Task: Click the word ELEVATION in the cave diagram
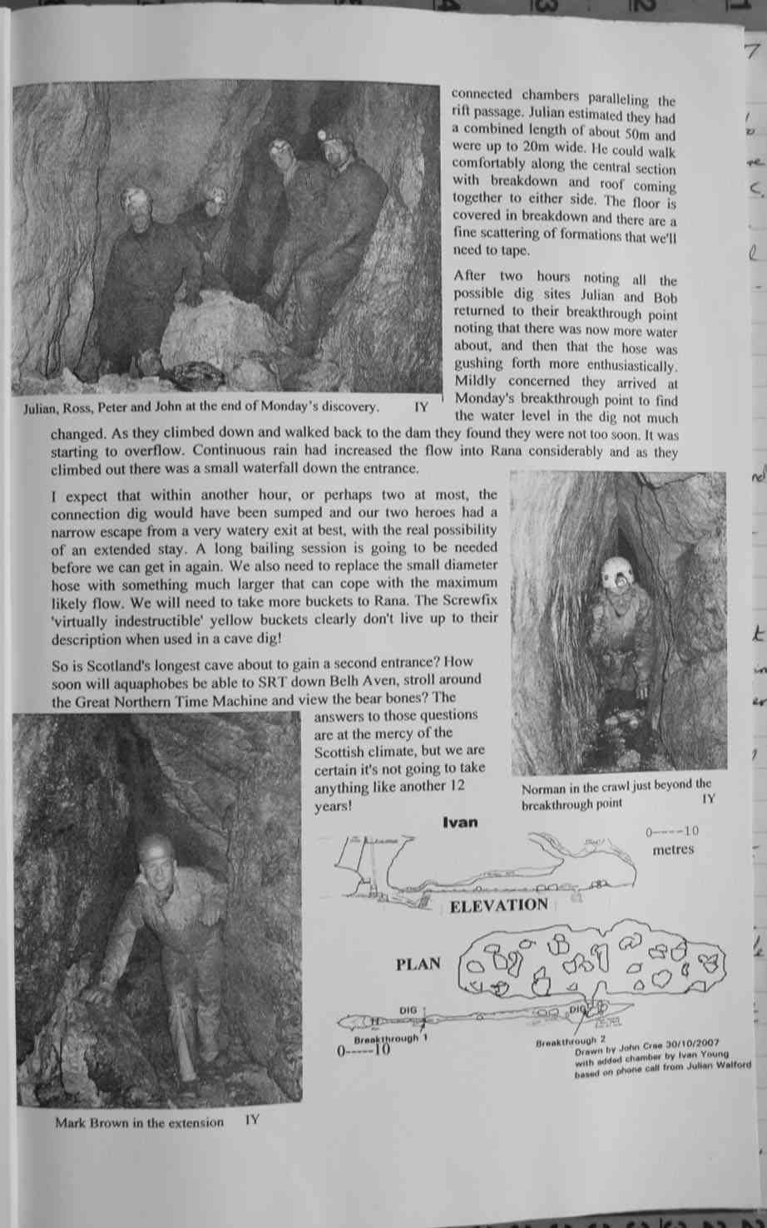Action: [498, 905]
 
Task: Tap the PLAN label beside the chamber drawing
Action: [418, 964]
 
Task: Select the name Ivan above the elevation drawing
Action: [460, 822]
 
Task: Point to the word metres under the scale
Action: [672, 850]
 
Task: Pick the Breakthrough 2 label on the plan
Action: [570, 1041]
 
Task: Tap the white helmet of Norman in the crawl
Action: [616, 571]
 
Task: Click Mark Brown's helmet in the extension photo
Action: [156, 848]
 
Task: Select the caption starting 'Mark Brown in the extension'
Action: [140, 1122]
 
